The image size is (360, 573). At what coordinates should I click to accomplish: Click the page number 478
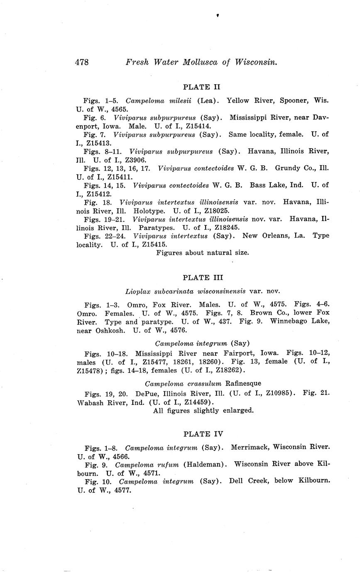pos(82,62)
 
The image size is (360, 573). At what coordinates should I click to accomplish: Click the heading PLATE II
pos(202,87)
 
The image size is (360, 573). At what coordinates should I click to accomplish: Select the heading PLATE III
pos(203,278)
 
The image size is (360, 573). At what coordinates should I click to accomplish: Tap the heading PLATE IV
pos(203,434)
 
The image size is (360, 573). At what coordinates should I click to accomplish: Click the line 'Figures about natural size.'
pos(203,252)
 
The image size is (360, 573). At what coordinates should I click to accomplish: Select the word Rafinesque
pos(243,383)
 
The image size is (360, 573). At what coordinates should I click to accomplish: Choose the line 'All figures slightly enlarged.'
pos(203,410)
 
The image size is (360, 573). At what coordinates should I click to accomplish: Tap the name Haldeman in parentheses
pos(204,464)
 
